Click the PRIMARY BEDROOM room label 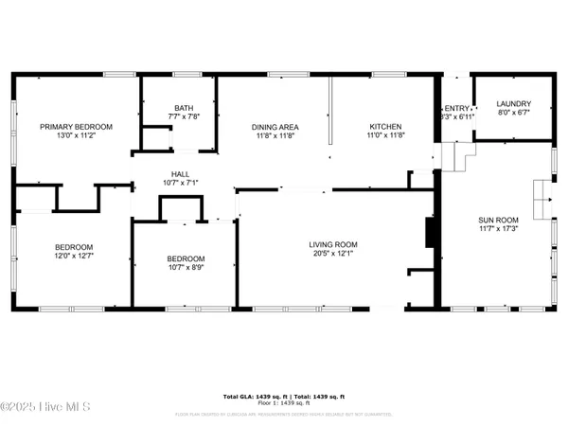tap(76, 127)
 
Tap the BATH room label tap(184, 108)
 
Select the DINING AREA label tap(275, 127)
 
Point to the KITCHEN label tap(385, 127)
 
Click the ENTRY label tap(455, 108)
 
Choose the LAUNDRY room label tap(514, 104)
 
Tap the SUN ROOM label tap(498, 221)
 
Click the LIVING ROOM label tap(333, 244)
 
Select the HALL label tap(180, 174)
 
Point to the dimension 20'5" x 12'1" tap(333, 254)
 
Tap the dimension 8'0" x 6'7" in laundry tap(514, 114)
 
